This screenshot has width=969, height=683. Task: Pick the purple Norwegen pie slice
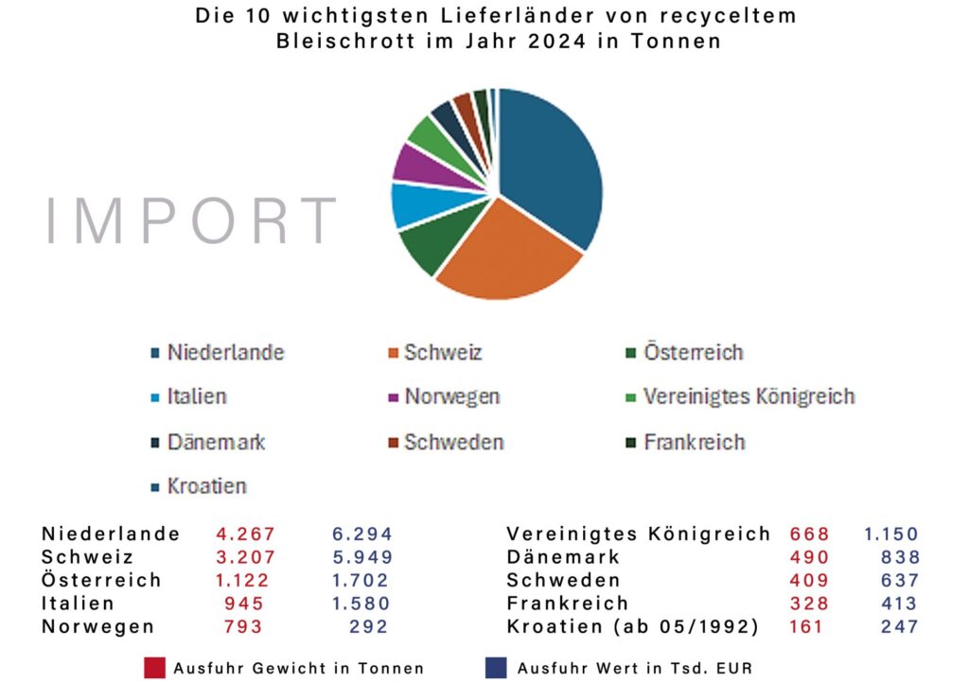tap(416, 163)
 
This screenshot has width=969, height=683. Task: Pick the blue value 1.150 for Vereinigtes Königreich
tap(890, 534)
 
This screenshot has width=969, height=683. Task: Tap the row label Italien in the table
tap(78, 604)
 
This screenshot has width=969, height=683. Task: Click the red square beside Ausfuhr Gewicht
tap(154, 667)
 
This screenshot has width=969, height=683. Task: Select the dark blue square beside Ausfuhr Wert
tap(495, 667)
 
